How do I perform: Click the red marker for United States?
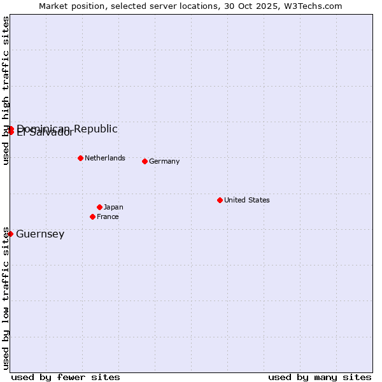pos(220,200)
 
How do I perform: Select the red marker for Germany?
pos(145,161)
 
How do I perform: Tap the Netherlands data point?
pos(80,158)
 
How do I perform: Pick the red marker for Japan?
pos(99,207)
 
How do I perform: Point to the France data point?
pos(92,216)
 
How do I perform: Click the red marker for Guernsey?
pos(10,234)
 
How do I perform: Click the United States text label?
pos(247,200)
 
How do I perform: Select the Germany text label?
pos(164,161)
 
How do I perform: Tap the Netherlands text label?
pos(105,158)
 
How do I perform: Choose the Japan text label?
pos(113,207)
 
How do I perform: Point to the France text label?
pos(108,216)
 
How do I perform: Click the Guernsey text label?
pos(40,234)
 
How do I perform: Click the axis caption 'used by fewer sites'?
pos(66,377)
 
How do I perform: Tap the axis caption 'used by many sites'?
pos(320,377)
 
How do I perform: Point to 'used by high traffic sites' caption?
pos(6,90)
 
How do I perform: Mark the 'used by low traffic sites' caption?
pos(6,298)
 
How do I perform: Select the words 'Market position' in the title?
pos(69,6)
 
